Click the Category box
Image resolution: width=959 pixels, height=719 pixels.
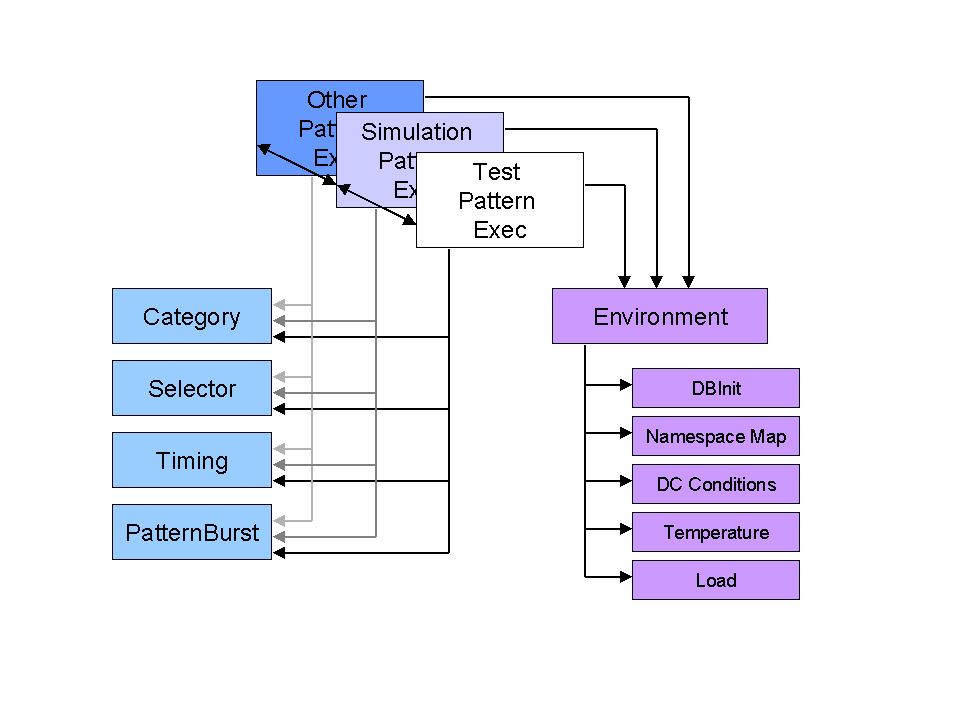pos(191,316)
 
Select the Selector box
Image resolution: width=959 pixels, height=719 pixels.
pos(191,388)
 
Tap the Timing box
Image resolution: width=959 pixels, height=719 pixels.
pos(191,460)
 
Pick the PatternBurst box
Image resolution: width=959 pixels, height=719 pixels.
pos(191,532)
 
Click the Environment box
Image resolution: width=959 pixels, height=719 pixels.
pos(660,316)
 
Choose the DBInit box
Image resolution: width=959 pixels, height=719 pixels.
pos(716,388)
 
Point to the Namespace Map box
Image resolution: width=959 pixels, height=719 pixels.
pos(716,436)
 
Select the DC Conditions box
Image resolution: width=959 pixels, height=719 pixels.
pos(716,484)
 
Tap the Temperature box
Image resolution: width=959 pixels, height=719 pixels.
pos(716,532)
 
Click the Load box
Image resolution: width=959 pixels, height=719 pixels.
pos(716,580)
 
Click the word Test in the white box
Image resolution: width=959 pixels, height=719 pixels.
pos(497,172)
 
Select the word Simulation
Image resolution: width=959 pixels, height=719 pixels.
pos(416,132)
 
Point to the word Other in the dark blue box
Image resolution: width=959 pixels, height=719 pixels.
pos(337,100)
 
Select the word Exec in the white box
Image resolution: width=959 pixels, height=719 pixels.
pos(499,230)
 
